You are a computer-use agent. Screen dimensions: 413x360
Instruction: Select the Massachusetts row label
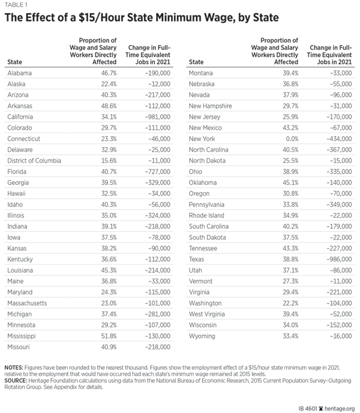[x=27, y=303]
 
